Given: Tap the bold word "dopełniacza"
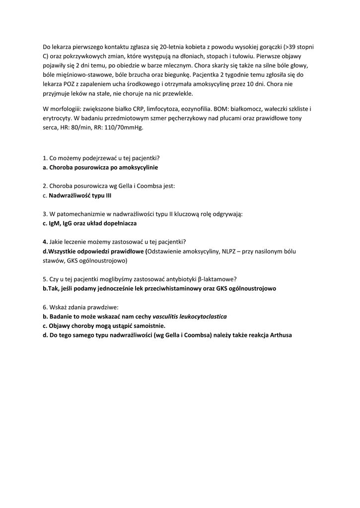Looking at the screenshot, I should point(118,223).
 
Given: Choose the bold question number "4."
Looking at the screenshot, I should point(45,242).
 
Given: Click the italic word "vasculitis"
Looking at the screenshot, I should point(167,316).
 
